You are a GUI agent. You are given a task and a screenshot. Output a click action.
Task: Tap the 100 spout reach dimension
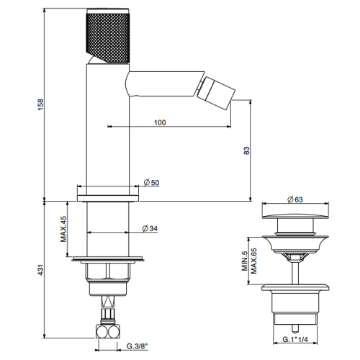(160, 122)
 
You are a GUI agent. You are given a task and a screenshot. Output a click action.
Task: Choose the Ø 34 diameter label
(150, 228)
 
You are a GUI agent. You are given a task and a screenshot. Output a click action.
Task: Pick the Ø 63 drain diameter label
(295, 199)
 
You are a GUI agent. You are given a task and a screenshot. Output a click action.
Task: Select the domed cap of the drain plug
(295, 216)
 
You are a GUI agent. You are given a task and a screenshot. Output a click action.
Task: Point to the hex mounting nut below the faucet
(106, 271)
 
